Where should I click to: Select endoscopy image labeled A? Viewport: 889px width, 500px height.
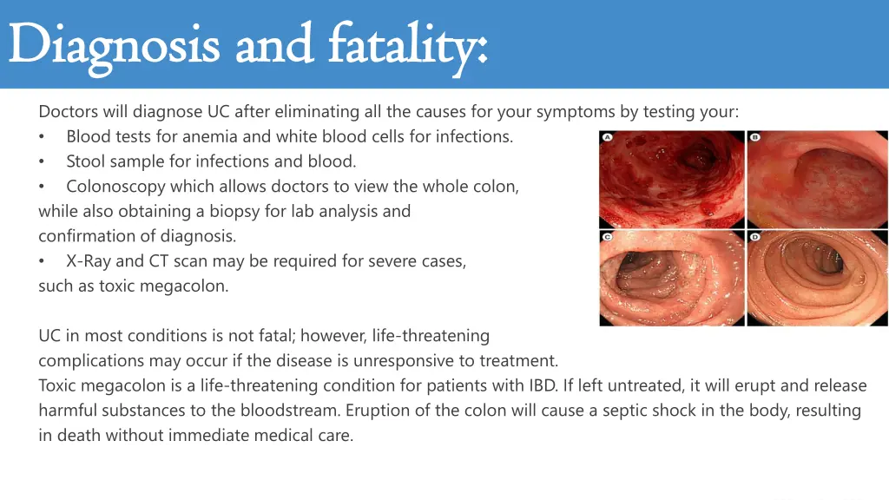point(671,179)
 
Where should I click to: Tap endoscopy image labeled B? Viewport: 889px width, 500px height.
point(818,179)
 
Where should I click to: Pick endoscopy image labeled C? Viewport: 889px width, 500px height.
point(671,278)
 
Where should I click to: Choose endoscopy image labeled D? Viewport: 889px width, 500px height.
point(818,278)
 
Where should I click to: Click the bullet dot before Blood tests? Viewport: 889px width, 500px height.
point(43,137)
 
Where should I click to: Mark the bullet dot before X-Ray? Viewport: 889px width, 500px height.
point(43,261)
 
